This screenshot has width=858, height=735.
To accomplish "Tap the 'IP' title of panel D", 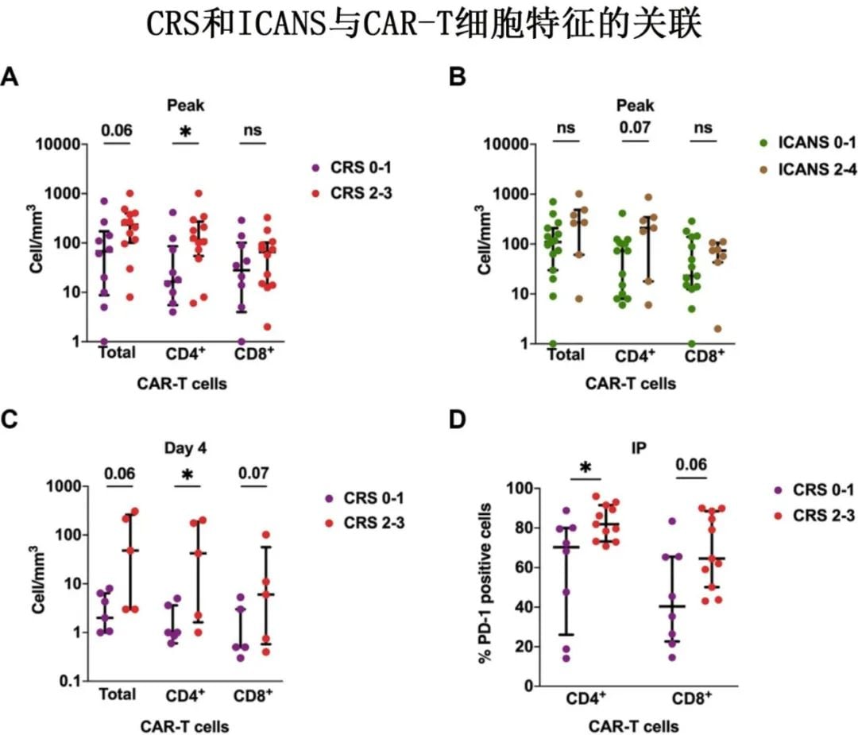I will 640,448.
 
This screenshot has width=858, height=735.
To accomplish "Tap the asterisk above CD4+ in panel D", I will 586,468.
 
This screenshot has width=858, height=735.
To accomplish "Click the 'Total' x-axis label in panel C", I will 118,694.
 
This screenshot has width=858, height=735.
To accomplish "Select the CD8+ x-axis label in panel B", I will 705,355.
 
